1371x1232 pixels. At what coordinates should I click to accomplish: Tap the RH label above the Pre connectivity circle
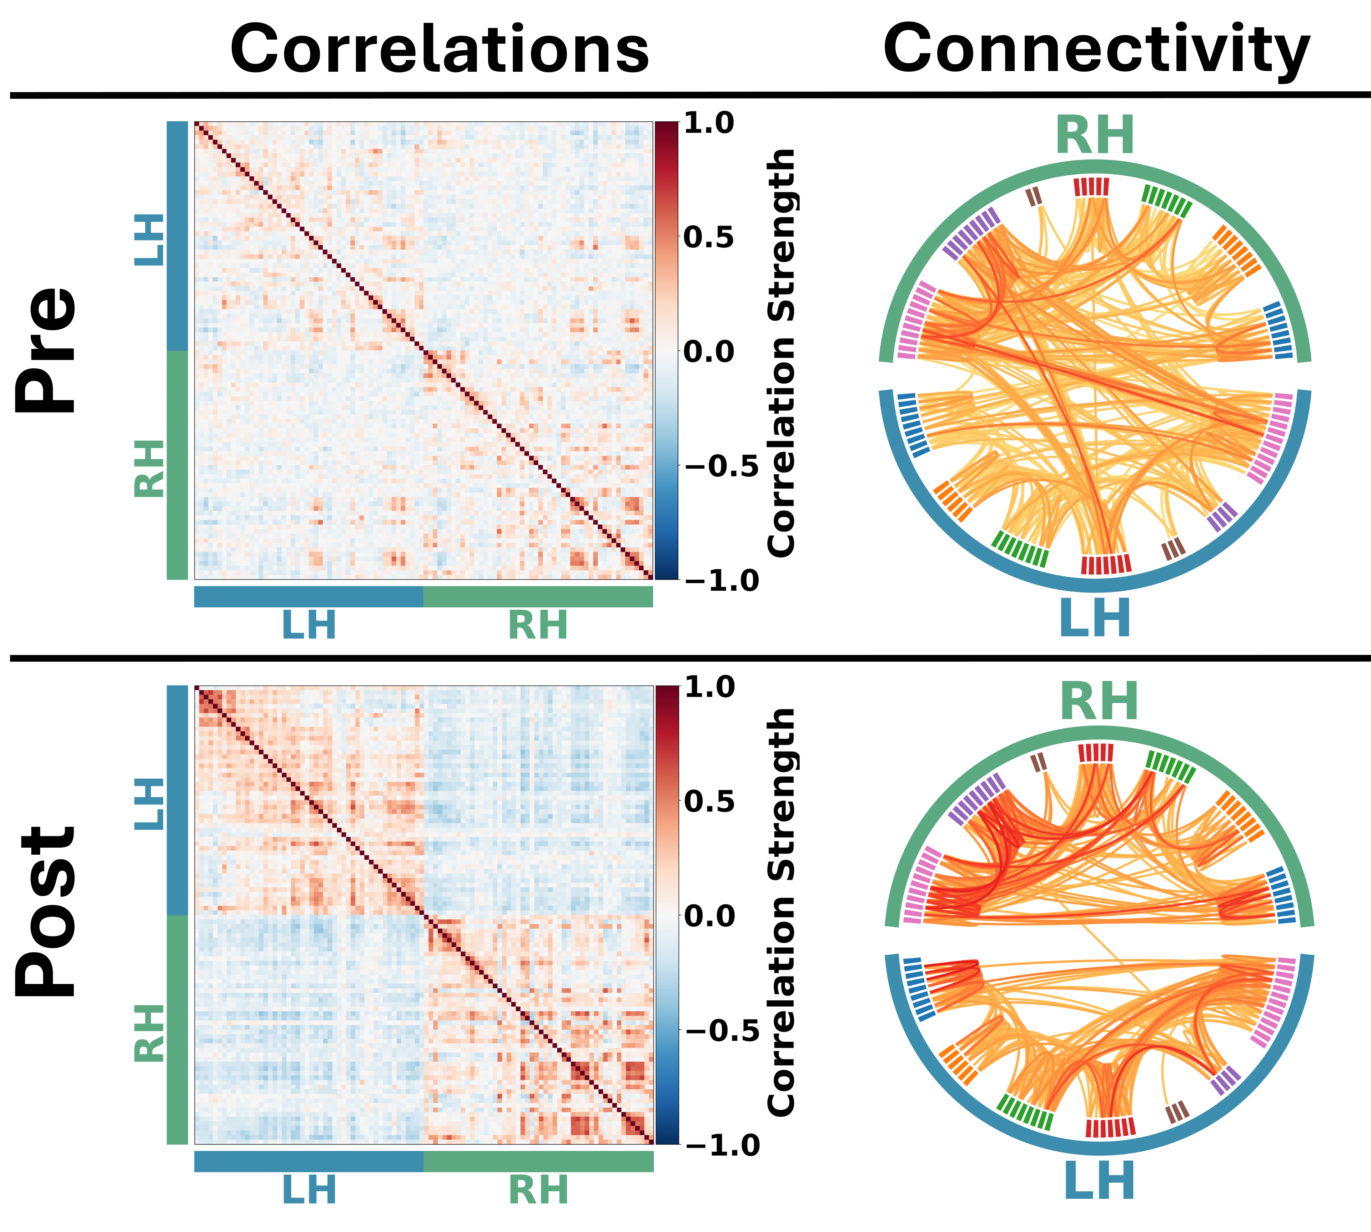pos(1095,135)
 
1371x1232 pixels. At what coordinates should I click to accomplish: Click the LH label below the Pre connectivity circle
pos(1095,617)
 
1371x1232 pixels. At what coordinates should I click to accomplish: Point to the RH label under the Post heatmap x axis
pos(538,1190)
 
